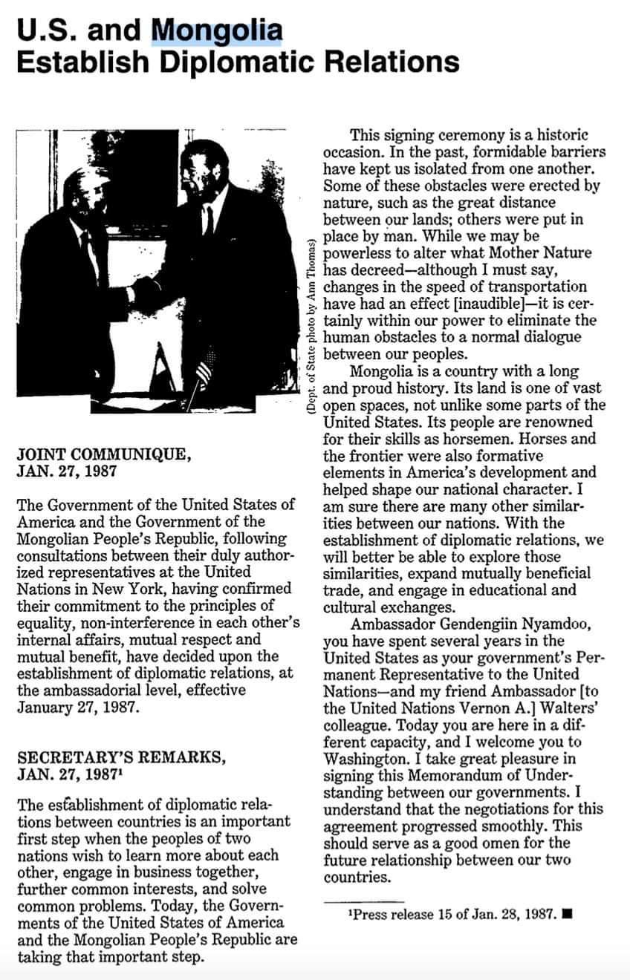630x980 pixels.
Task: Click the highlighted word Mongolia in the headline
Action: [x=217, y=31]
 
